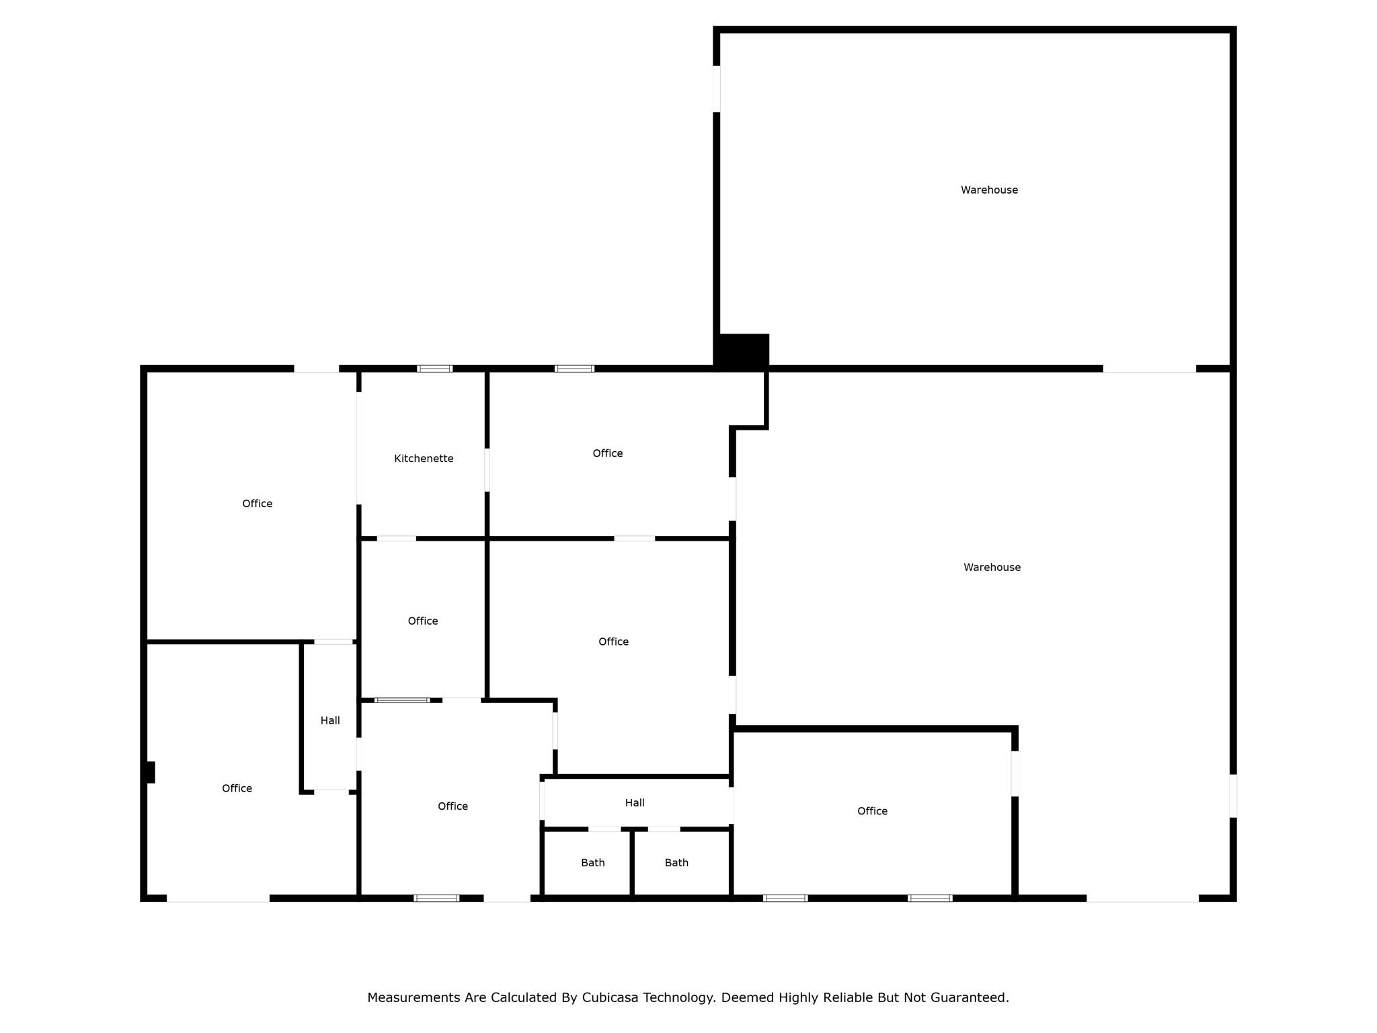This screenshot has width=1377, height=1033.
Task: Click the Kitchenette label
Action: pos(424,459)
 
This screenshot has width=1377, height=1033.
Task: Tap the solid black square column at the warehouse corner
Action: pos(742,351)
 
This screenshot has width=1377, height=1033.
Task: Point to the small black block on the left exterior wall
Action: pos(151,772)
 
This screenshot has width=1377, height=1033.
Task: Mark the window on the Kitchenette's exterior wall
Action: pos(435,369)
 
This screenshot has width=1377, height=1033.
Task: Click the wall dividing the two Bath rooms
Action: pos(632,863)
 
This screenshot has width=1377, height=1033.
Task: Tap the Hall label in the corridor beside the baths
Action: pos(635,803)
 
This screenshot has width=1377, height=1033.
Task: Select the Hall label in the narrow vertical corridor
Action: pos(330,721)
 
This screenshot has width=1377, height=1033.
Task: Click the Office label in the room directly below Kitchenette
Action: pos(423,621)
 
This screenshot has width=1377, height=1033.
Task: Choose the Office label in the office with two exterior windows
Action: pos(872,812)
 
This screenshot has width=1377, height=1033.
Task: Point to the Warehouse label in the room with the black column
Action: pos(989,190)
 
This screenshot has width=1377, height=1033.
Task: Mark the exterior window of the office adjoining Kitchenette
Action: pos(574,369)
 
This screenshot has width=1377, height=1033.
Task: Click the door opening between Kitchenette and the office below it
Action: pos(397,539)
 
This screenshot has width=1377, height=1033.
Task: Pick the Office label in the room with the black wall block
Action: pos(237,789)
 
